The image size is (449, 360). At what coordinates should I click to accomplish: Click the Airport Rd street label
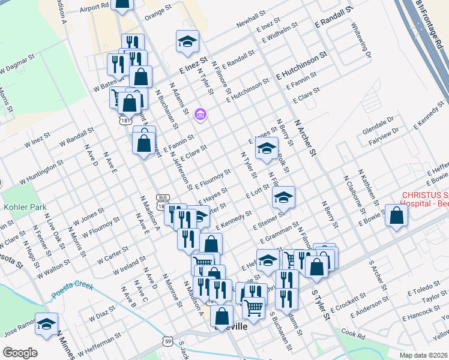pyautogui.click(x=94, y=7)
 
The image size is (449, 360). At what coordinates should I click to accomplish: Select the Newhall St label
pyautogui.click(x=250, y=19)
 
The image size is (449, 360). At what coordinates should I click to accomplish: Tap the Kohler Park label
pyautogui.click(x=25, y=207)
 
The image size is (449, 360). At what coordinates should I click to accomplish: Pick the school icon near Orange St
pyautogui.click(x=187, y=41)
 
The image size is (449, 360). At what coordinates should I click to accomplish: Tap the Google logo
pyautogui.click(x=20, y=353)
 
